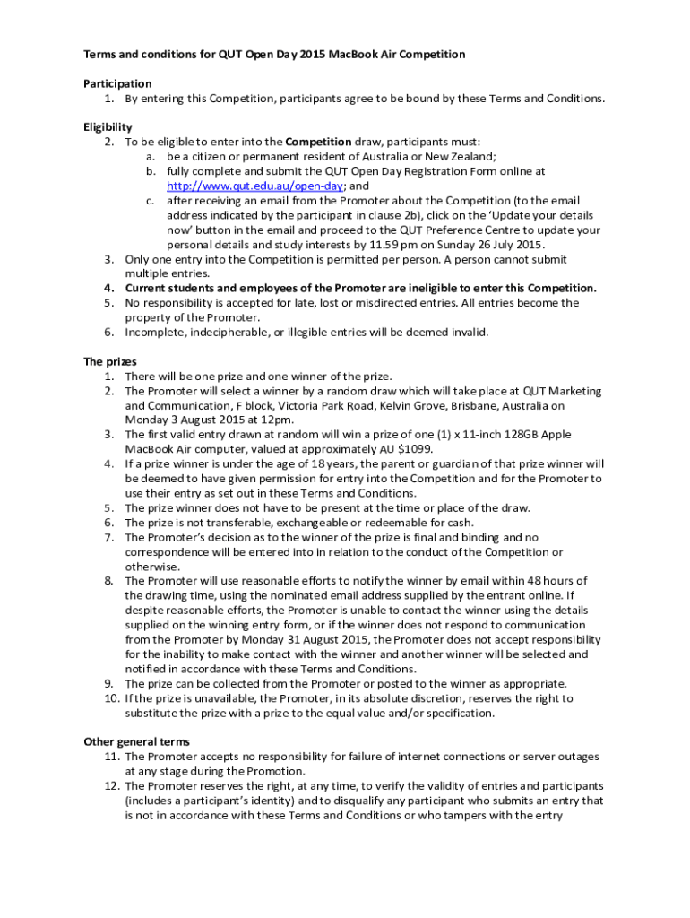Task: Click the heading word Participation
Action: (117, 83)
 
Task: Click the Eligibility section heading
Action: (108, 127)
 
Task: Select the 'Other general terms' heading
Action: (136, 742)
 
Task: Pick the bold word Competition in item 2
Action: (318, 142)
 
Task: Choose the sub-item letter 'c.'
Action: (151, 201)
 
